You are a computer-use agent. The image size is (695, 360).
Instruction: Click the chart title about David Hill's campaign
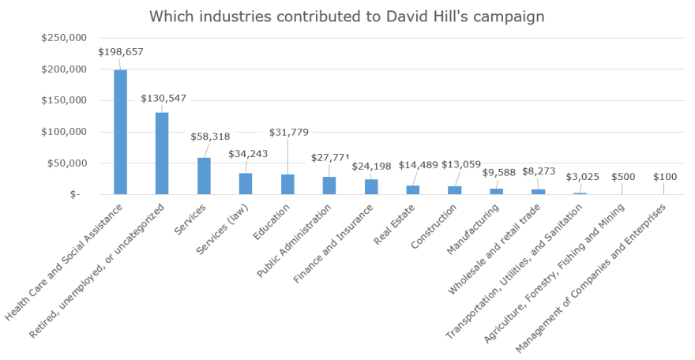click(347, 17)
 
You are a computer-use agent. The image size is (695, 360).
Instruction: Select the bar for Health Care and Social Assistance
click(120, 132)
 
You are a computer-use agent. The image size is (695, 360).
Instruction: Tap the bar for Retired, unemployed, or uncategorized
click(162, 153)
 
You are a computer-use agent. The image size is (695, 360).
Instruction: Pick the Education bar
click(287, 184)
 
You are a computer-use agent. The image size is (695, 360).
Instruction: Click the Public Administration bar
click(329, 186)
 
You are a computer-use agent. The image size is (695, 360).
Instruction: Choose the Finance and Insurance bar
click(371, 186)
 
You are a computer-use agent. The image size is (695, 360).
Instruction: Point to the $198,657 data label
click(121, 52)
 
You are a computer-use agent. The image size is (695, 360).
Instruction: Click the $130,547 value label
click(165, 99)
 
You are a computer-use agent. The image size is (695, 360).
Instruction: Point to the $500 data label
click(622, 178)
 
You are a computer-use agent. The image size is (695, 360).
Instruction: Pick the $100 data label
click(663, 178)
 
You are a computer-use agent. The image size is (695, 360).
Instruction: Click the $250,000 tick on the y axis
click(65, 37)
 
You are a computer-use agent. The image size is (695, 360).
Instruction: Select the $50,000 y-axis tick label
click(67, 163)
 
